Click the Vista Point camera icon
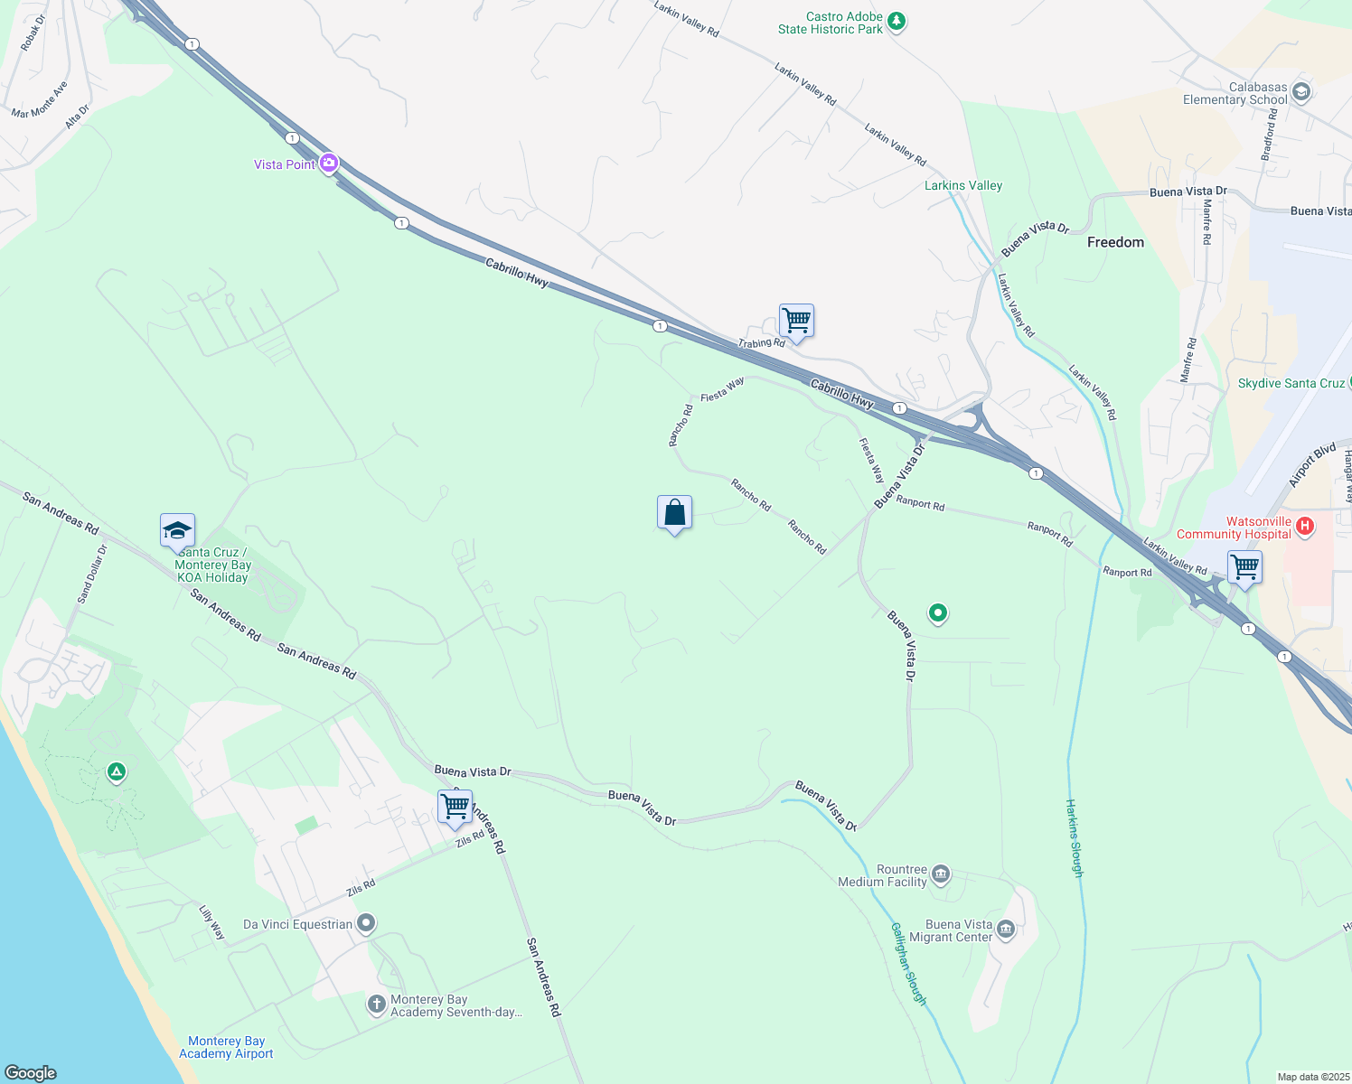coord(329,164)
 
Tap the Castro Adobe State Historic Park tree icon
coord(896,22)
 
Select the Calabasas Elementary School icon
coord(1300,92)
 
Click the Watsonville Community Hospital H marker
coord(1303,527)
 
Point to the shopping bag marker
coord(674,513)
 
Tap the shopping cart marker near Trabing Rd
coord(796,321)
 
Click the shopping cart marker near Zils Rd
coord(455,807)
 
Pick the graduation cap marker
coord(177,530)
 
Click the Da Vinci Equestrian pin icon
coord(366,923)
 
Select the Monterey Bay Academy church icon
coord(377,1005)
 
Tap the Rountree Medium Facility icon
coord(940,874)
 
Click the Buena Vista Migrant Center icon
coord(1005,930)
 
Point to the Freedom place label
coord(1115,242)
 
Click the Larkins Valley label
coord(963,185)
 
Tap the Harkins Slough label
coord(1074,838)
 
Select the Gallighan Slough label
coord(908,964)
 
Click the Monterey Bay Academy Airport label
coord(226,1047)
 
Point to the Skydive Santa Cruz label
coord(1291,383)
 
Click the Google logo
coord(31,1072)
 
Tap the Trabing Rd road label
coord(761,343)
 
